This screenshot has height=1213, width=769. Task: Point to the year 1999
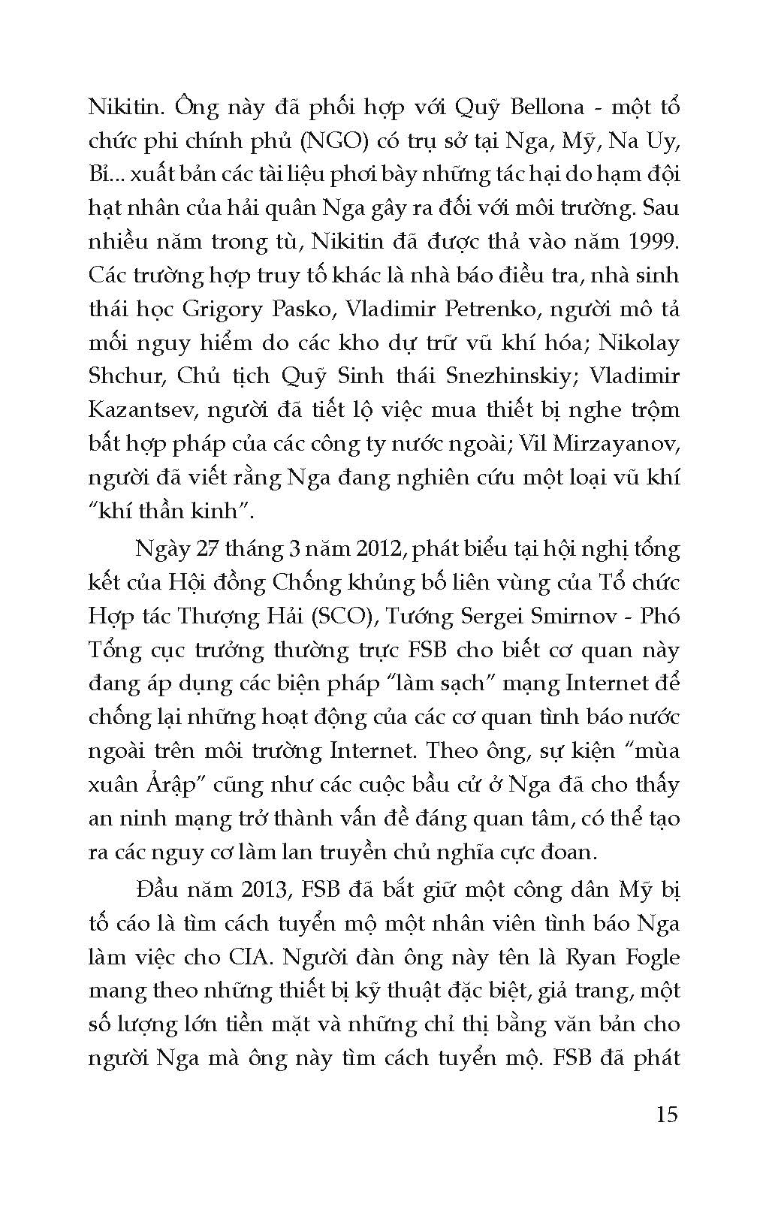pyautogui.click(x=653, y=240)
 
